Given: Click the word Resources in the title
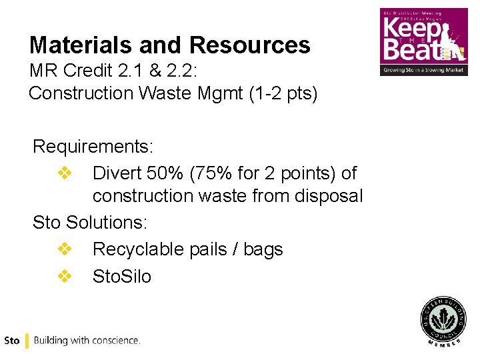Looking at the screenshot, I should click(249, 45).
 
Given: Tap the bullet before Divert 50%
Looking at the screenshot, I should click(65, 173).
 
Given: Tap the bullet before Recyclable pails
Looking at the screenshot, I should click(65, 249).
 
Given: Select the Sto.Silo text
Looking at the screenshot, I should click(122, 276).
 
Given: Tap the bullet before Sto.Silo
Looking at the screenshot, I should click(65, 276).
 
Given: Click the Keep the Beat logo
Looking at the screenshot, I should click(424, 42).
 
